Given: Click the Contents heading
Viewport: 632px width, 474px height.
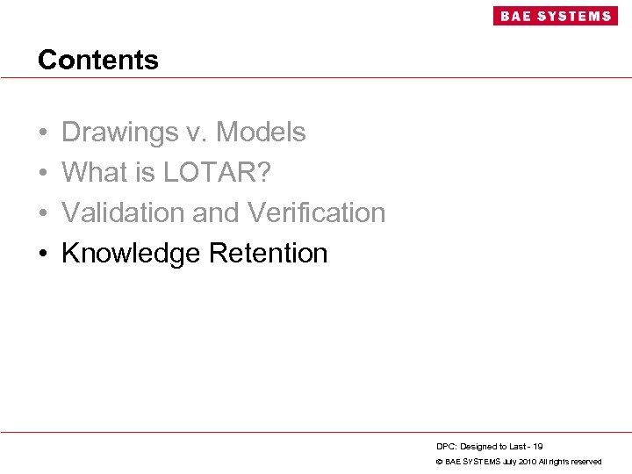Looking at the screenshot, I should click(x=98, y=60).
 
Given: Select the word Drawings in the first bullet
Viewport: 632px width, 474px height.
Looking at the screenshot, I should click(x=119, y=133).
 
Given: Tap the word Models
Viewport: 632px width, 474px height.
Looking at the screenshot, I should click(x=261, y=133).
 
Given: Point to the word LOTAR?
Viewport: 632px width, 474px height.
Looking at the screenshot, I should click(x=217, y=173).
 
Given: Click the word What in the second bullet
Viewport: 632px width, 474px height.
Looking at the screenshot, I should click(x=95, y=173).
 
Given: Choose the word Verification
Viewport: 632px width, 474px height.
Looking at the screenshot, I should click(x=317, y=213).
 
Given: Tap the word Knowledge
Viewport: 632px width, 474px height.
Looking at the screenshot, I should click(x=131, y=254).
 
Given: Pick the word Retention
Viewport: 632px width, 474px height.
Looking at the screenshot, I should click(x=268, y=254).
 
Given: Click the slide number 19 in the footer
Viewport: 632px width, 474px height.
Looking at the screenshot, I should click(x=537, y=447).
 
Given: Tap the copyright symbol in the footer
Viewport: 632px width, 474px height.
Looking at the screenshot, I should click(x=439, y=462).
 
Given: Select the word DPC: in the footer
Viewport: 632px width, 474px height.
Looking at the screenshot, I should click(x=445, y=447).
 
